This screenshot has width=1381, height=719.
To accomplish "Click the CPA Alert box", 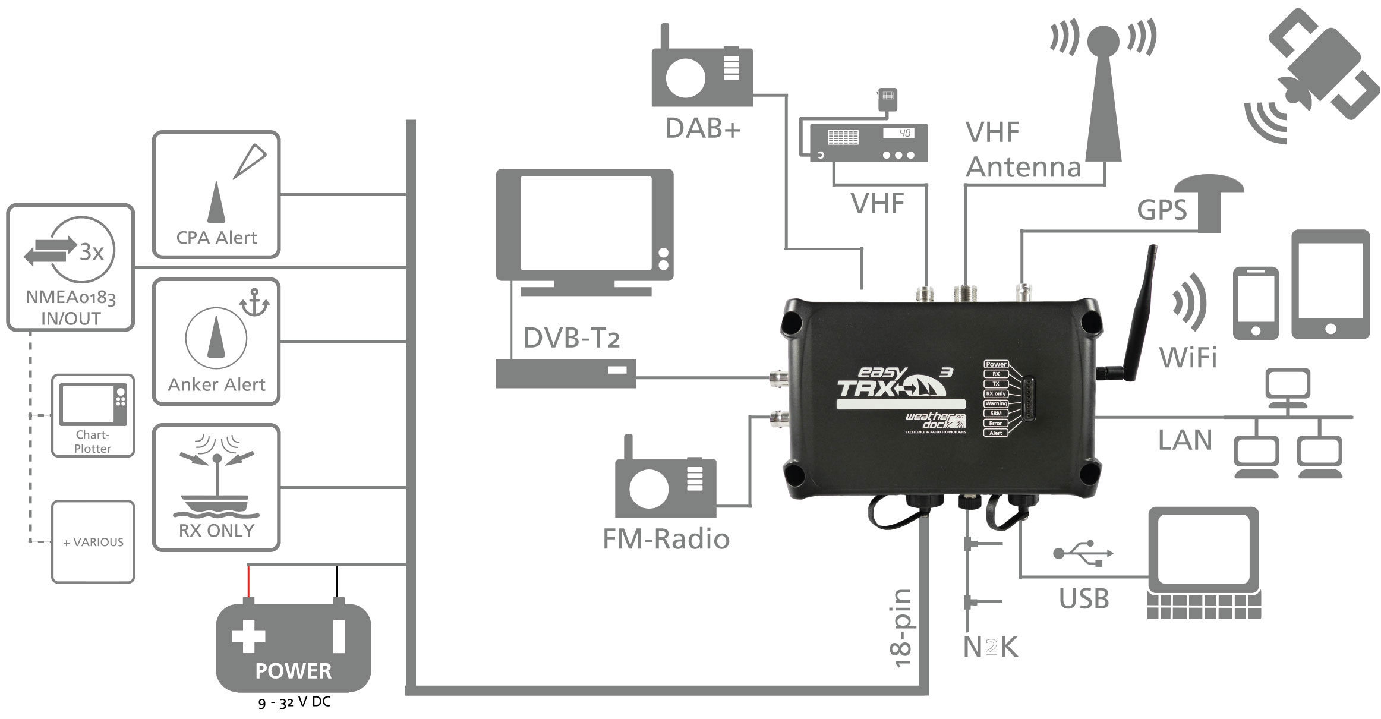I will point(216,194).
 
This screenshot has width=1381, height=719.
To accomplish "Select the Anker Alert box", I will point(216,342).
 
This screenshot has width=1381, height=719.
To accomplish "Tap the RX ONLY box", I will point(216,487).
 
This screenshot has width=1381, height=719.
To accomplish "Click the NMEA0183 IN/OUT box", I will point(70,267).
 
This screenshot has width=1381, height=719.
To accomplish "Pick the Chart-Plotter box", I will point(93,415).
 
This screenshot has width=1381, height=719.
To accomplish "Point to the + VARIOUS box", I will point(93,541).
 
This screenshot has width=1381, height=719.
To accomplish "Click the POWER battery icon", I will point(293,647).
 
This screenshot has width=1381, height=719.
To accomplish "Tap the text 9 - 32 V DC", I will point(294,702).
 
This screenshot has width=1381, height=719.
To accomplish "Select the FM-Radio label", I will point(666,540).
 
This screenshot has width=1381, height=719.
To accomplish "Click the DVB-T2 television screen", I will point(585,226).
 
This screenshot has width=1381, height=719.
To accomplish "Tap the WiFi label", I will point(1188,358).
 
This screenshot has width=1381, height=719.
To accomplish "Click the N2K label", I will point(991,647).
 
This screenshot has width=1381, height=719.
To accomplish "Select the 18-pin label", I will point(901,628).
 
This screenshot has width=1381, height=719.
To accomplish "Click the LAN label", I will point(1184,440).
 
